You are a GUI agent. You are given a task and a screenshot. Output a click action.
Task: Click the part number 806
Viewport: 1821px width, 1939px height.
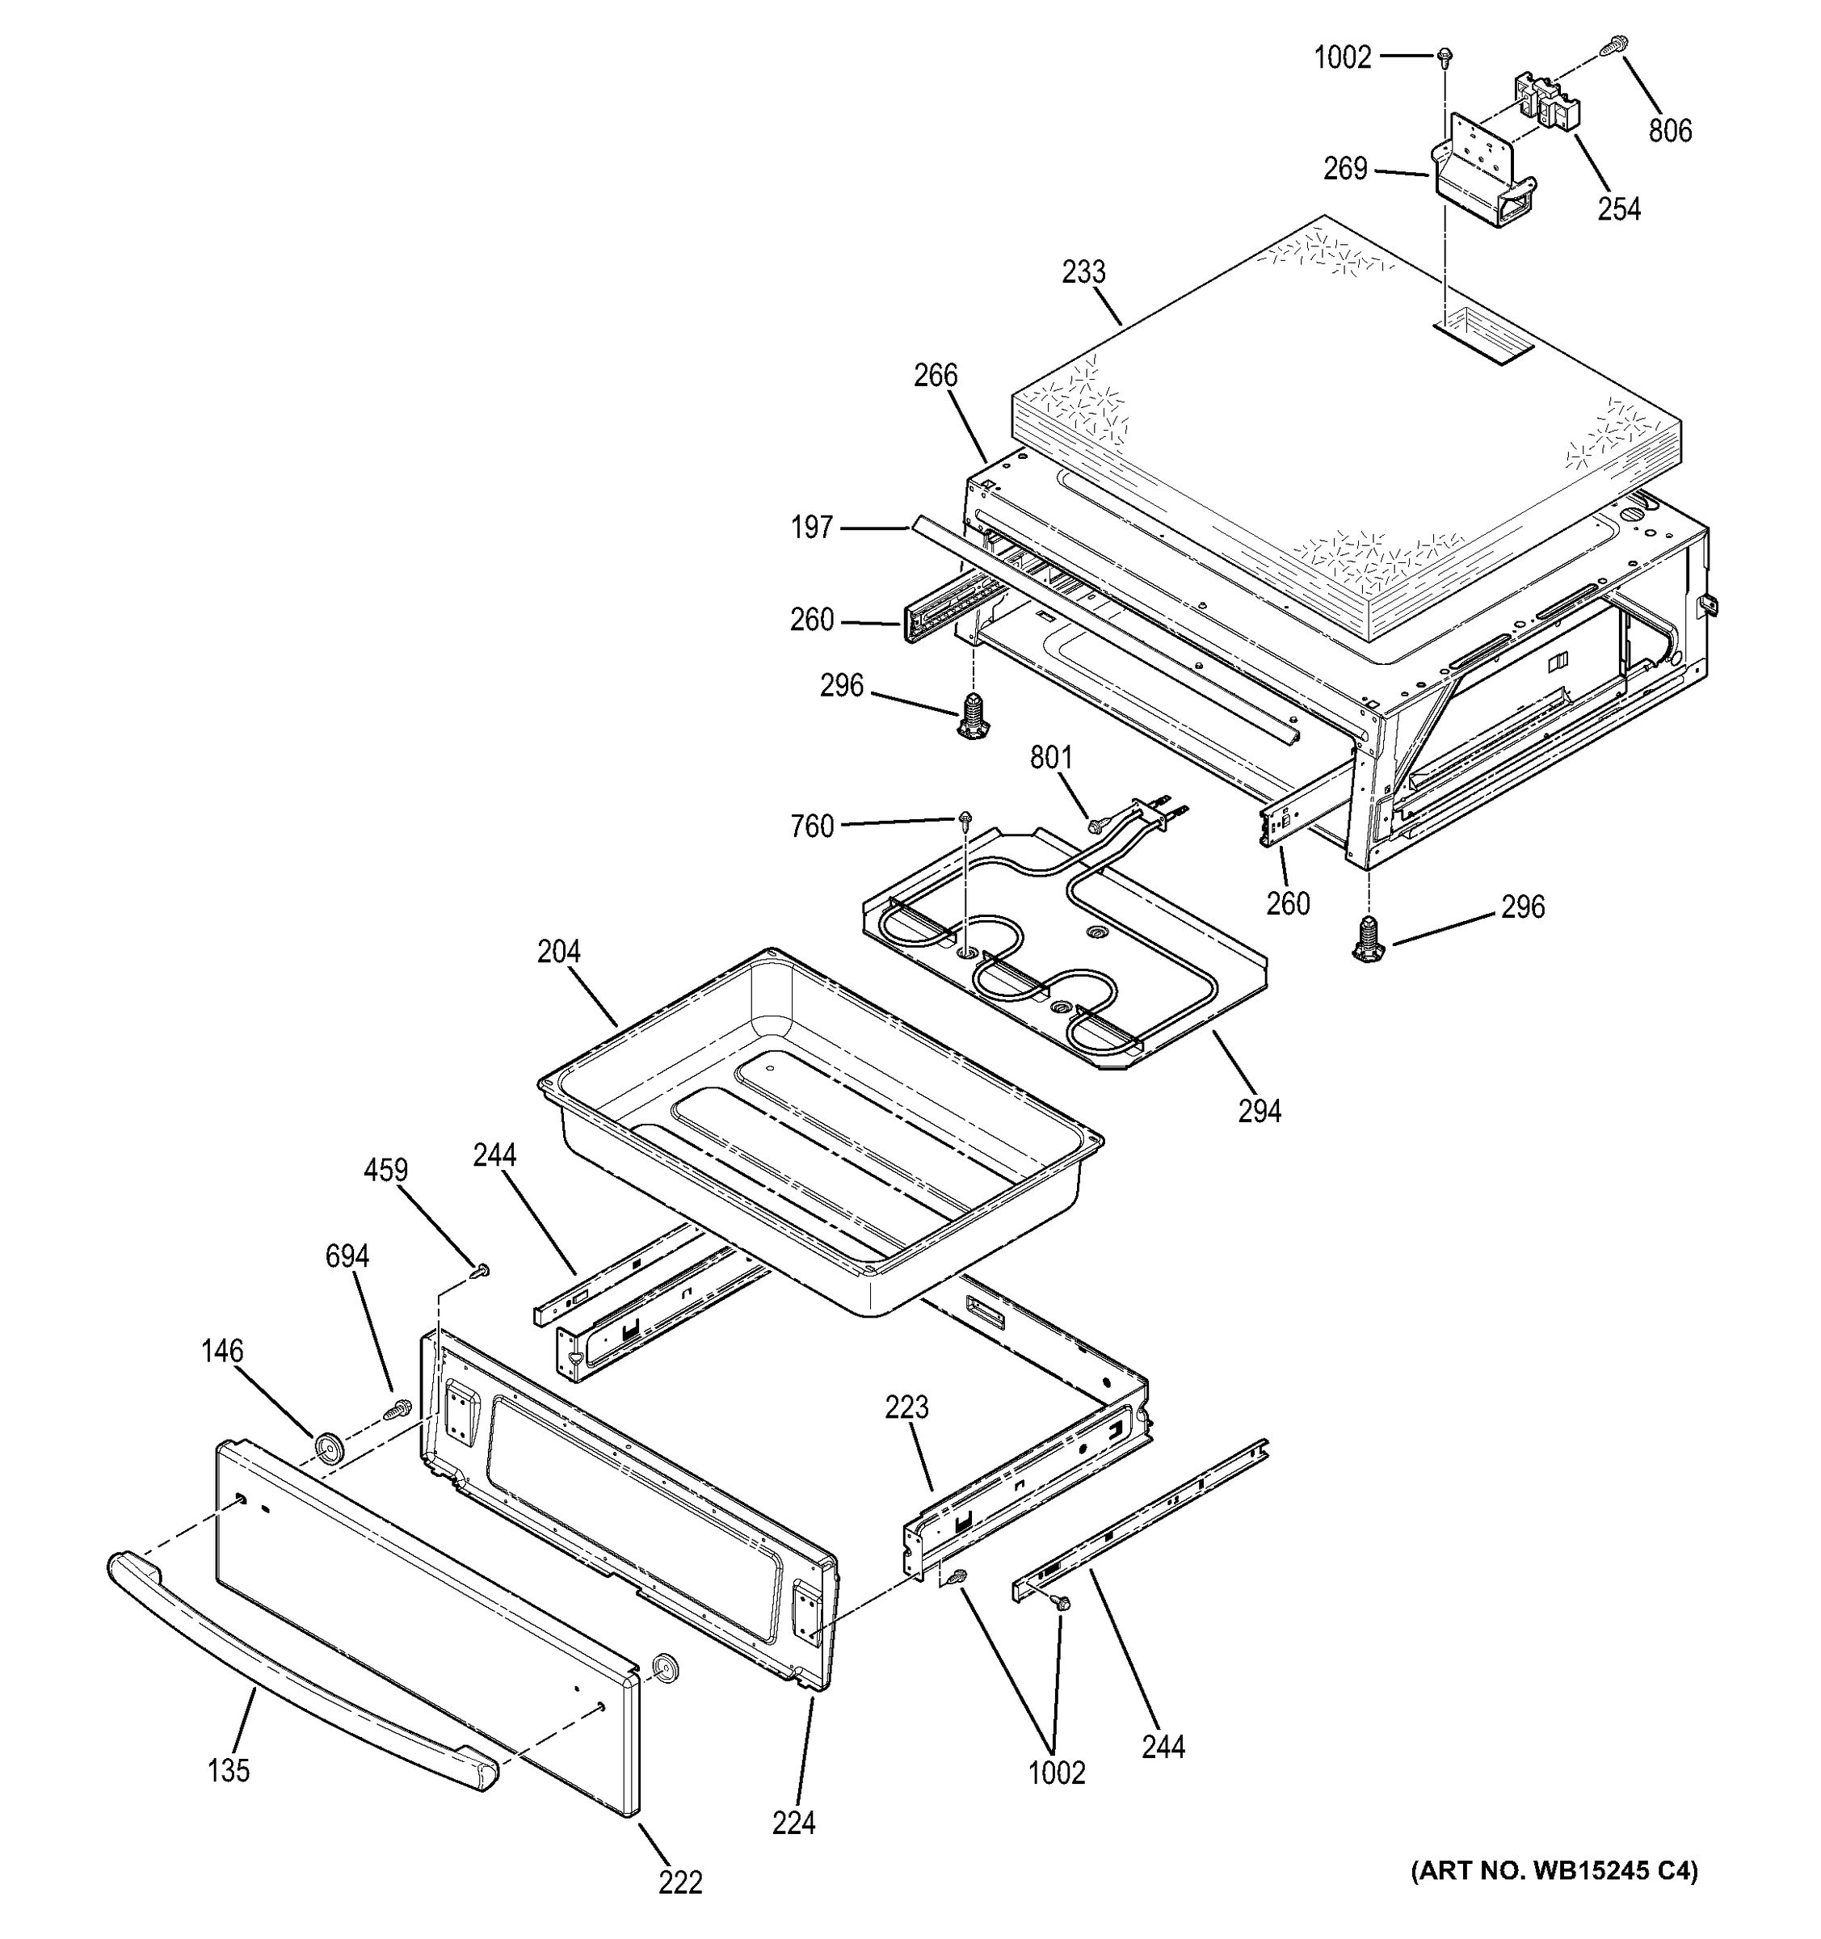(1670, 130)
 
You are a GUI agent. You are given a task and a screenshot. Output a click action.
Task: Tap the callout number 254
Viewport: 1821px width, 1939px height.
(1619, 208)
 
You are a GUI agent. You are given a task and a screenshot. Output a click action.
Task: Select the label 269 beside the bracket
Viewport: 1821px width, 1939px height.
(1345, 169)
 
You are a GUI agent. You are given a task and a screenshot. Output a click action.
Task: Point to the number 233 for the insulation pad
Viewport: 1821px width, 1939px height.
(1083, 271)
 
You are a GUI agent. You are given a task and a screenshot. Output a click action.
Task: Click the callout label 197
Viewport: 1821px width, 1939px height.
(811, 528)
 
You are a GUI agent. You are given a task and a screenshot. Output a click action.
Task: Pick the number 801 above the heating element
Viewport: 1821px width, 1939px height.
(1051, 758)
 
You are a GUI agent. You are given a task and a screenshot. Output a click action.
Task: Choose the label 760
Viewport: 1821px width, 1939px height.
(811, 827)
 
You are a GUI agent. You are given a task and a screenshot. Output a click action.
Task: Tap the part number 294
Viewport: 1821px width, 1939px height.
(1260, 1110)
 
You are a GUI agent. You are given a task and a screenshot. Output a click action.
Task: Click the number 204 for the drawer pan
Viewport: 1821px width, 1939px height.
(559, 951)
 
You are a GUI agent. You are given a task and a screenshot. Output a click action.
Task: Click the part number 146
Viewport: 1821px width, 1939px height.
(222, 1351)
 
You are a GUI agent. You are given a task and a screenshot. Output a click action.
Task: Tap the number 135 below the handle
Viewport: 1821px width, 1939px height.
(229, 1770)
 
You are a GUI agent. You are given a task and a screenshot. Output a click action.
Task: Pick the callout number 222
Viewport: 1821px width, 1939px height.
(679, 1882)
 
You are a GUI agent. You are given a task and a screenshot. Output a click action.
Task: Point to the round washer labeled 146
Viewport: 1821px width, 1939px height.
(329, 1449)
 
